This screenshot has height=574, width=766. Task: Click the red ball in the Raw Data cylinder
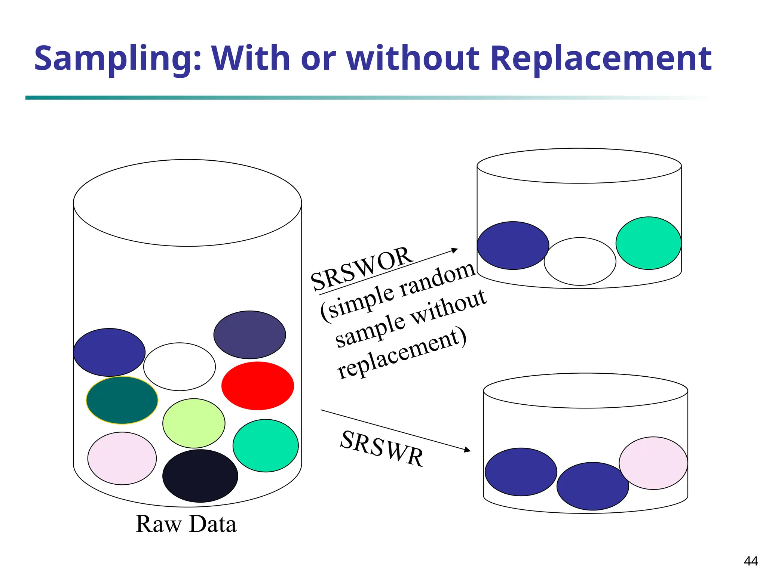(257, 386)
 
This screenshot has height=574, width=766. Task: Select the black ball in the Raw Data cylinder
(200, 476)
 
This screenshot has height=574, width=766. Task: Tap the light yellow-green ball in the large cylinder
(194, 423)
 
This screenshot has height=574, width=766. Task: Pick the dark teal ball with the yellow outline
(122, 400)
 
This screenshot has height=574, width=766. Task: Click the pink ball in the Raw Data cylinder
(122, 459)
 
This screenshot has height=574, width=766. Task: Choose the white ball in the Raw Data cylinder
(180, 367)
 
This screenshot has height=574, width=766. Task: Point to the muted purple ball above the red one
(249, 335)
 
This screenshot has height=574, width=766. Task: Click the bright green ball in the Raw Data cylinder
(266, 445)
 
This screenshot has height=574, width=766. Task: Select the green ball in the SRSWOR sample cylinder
(648, 243)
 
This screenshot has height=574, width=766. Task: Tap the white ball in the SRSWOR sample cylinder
(580, 261)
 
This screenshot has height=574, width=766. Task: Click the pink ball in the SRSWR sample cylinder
(653, 463)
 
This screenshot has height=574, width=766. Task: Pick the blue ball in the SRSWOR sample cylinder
(513, 246)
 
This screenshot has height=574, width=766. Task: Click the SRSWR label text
(382, 448)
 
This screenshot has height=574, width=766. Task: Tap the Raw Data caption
(186, 524)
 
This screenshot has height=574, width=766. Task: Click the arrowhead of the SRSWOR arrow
(455, 250)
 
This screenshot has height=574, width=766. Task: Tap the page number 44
(751, 561)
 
